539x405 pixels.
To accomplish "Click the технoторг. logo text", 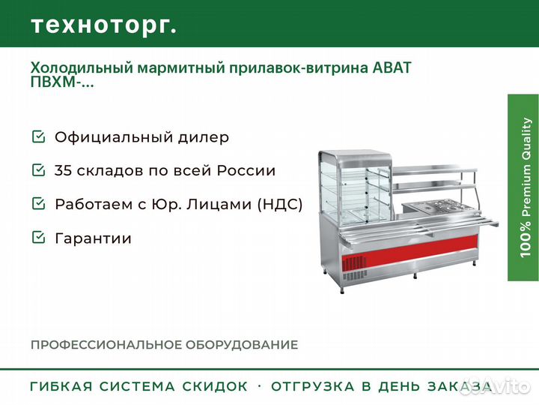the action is coord(104,25).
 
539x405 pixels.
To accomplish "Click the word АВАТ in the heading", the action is coord(392,67).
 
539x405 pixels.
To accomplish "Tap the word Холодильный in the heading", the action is coord(82,68).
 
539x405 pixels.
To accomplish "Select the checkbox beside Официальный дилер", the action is coord(38,136).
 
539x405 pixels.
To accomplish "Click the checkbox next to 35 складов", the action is coord(38,169).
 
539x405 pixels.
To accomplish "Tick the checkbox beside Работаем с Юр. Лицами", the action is coord(38,203).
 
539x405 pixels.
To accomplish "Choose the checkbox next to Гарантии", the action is coord(38,237).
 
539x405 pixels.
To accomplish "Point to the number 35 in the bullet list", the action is coord(63,170).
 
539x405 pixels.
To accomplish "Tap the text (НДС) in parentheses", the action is coord(280,204).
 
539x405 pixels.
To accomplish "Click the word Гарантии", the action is coord(93,238).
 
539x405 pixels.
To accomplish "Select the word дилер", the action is coord(203,138).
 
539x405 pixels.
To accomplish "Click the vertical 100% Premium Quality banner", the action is coord(523,187).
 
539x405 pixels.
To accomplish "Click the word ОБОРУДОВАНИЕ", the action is coord(242,345).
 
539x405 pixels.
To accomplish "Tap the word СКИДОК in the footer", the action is coord(215,386).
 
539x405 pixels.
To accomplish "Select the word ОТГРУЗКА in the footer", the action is coord(312,386).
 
